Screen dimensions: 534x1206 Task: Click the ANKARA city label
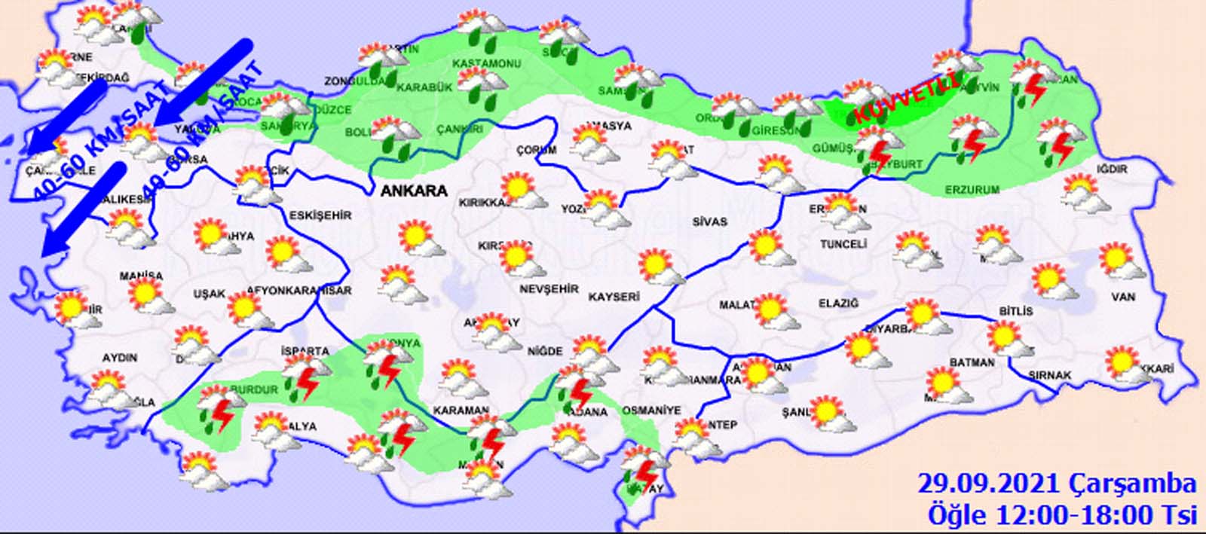(414, 191)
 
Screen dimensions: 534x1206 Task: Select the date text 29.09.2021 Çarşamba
(1057, 483)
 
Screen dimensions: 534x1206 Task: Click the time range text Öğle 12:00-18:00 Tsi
(1062, 515)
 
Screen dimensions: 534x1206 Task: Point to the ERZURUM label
(972, 191)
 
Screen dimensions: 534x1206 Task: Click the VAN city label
(1123, 298)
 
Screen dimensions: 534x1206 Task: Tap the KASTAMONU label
(487, 63)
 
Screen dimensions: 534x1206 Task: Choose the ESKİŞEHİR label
(320, 215)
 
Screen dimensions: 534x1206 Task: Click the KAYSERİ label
(614, 297)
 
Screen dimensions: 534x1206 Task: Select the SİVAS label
(710, 221)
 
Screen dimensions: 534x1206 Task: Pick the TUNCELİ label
(843, 244)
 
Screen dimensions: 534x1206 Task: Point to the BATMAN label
(972, 362)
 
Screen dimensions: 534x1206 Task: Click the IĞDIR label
(1113, 169)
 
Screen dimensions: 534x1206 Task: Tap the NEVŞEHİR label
(549, 289)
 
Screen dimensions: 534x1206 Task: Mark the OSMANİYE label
(652, 410)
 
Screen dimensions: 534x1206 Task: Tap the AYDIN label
(119, 357)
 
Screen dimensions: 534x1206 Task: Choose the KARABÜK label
(424, 87)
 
